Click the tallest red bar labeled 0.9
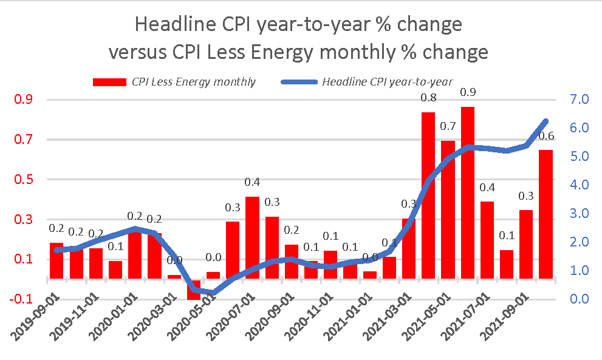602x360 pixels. coord(468,194)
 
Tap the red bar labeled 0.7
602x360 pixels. coord(448,212)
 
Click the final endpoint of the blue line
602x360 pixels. coord(546,121)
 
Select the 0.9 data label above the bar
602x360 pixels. coord(468,92)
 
